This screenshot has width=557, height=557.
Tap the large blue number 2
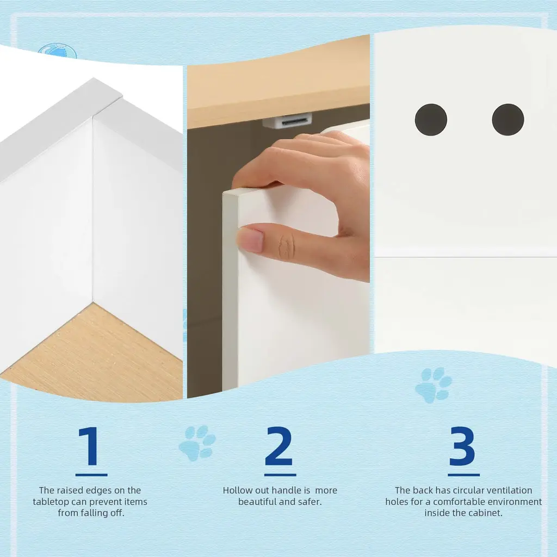[x=279, y=446]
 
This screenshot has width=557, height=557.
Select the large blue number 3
[x=462, y=446]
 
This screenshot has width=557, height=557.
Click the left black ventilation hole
[x=431, y=119]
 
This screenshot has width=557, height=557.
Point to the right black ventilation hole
[x=508, y=119]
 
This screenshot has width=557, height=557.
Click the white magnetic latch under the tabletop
[x=287, y=121]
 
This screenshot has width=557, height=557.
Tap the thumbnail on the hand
[x=250, y=239]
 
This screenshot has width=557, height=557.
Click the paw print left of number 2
[x=197, y=443]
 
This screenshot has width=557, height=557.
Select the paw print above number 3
[x=434, y=385]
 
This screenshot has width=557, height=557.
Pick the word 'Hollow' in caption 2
[x=236, y=490]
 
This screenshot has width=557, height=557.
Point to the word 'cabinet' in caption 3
[x=487, y=513]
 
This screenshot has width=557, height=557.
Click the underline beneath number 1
[x=91, y=474]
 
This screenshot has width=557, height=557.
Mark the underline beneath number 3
[x=463, y=474]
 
